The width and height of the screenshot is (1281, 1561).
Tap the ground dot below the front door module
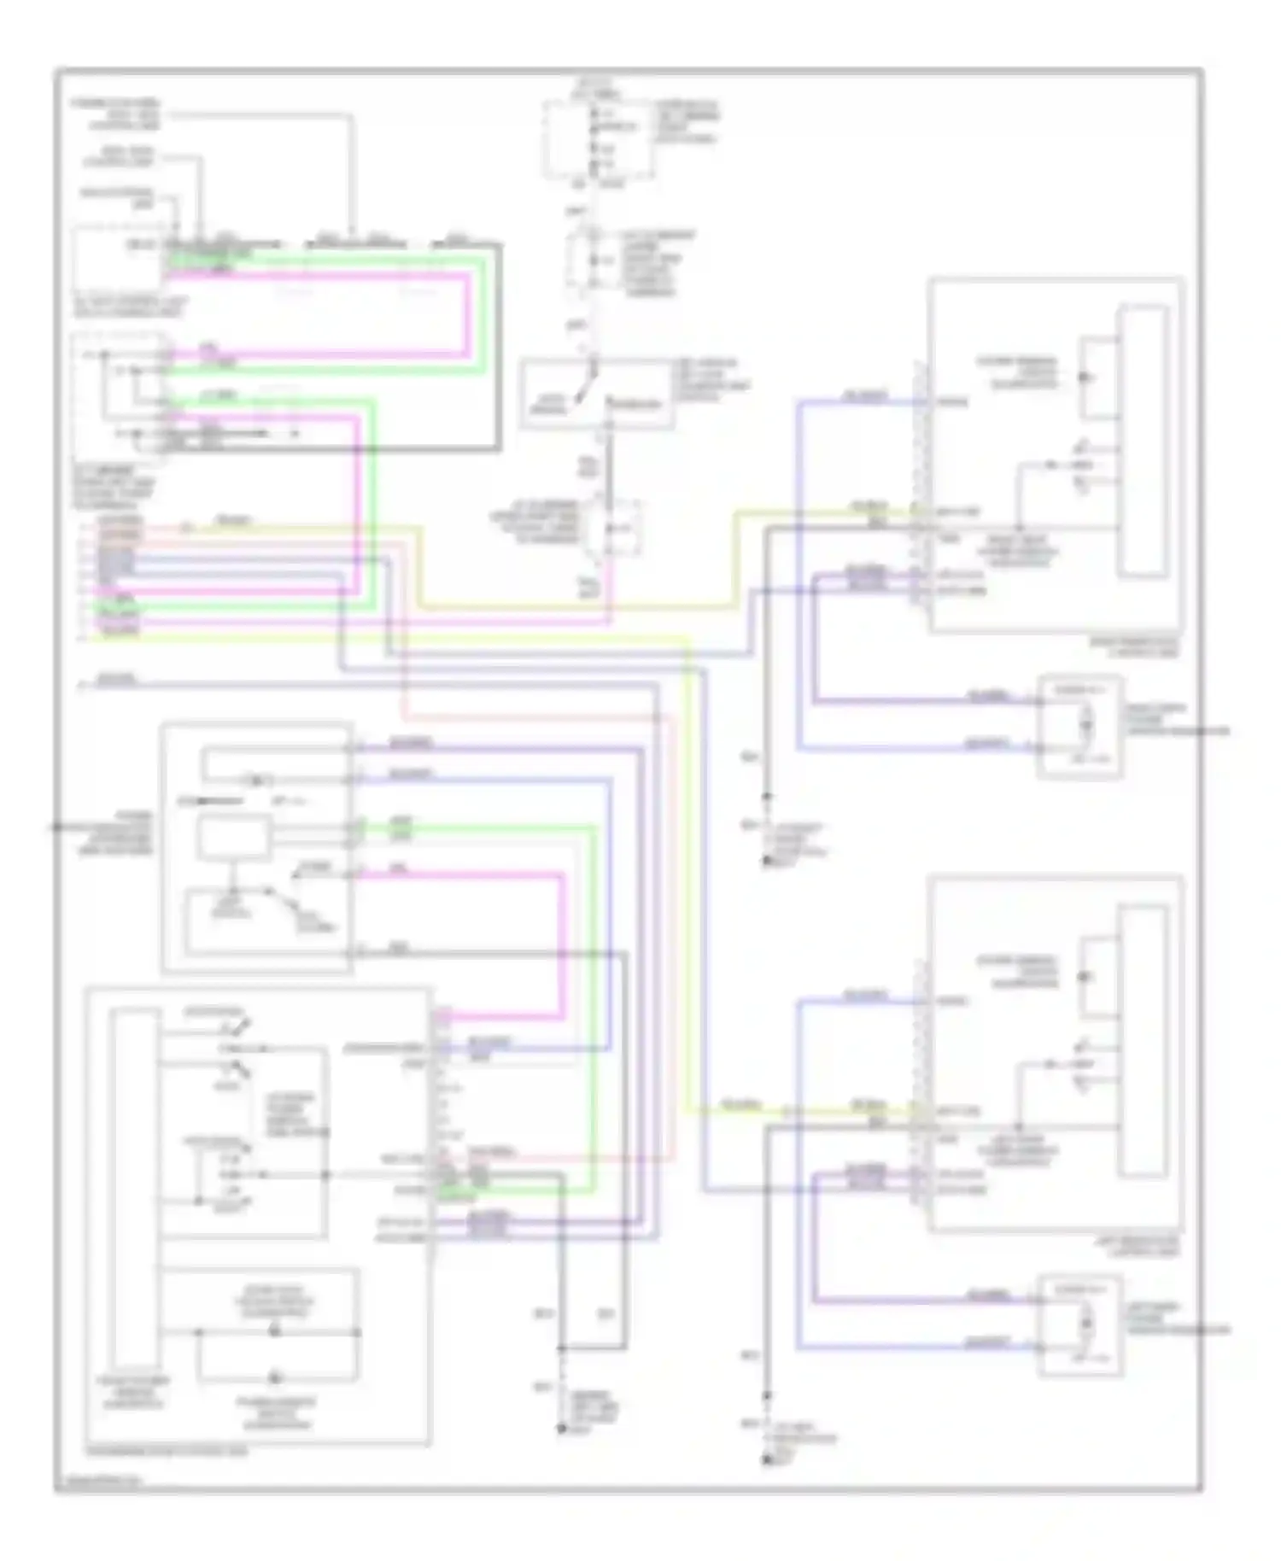(561, 1428)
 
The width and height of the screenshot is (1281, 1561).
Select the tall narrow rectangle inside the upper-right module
(1144, 441)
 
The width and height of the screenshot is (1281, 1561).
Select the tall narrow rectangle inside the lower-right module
(1144, 1040)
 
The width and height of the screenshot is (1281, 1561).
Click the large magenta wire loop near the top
(467, 312)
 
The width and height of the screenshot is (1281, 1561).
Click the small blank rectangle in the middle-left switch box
(234, 837)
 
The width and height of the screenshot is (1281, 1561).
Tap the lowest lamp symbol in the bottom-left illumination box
(275, 1377)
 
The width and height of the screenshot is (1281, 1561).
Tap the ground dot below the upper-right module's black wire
(767, 861)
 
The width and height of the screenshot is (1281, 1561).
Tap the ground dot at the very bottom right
(767, 1461)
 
